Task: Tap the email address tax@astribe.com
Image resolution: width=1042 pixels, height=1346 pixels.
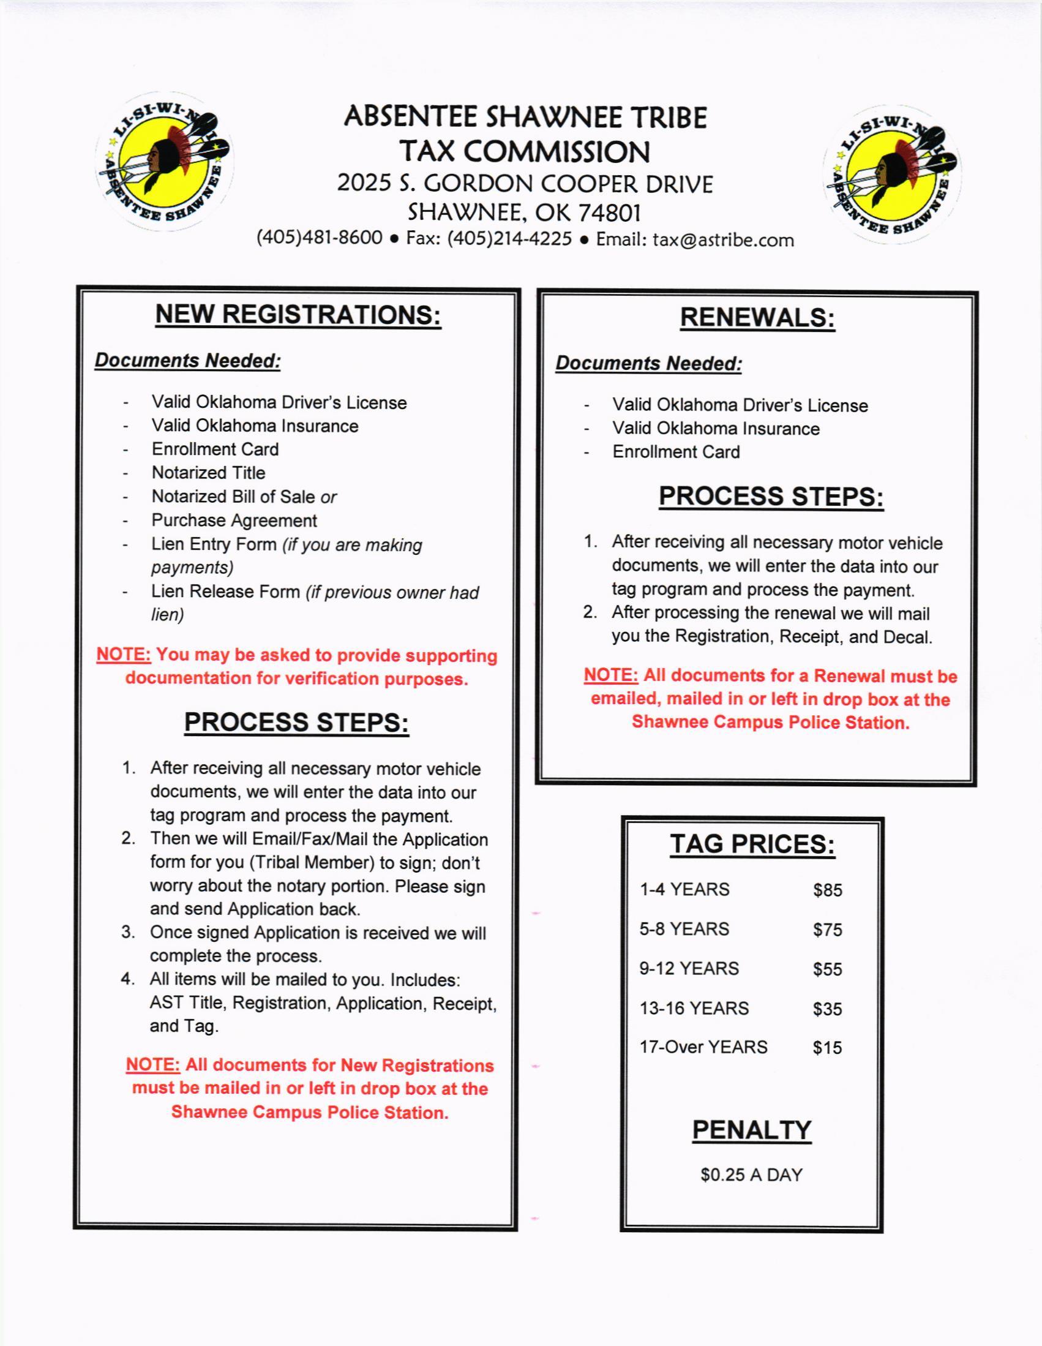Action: coord(723,239)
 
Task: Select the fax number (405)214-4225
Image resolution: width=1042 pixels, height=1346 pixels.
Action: coord(509,238)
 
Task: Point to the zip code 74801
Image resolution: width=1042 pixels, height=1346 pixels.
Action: coord(609,212)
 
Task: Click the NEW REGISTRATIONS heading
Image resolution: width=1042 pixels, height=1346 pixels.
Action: coord(298,314)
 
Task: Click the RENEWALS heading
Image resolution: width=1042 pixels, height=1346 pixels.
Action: coord(757,317)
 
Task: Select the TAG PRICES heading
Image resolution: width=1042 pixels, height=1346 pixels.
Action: coord(752,844)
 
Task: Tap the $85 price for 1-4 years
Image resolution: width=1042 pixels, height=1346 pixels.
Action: coord(827,890)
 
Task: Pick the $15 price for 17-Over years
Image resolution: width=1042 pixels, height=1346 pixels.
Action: coord(827,1048)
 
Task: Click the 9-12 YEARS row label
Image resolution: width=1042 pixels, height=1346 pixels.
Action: coord(688,969)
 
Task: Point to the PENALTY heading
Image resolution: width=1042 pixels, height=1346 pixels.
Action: coord(751,1130)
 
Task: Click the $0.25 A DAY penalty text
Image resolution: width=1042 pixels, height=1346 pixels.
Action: coord(751,1175)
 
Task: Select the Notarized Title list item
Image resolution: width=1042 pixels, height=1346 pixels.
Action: coord(208,473)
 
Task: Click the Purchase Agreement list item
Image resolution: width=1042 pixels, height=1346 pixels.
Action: coord(234,521)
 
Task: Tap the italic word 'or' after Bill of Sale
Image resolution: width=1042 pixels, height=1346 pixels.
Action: coord(328,497)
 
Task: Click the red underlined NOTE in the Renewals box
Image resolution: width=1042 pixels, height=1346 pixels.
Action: coord(610,675)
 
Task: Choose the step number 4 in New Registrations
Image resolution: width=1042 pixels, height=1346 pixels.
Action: coord(127,979)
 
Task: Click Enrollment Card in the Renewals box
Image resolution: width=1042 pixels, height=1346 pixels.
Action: coord(675,452)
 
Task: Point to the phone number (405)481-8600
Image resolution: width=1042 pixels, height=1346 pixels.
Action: coord(319,238)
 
